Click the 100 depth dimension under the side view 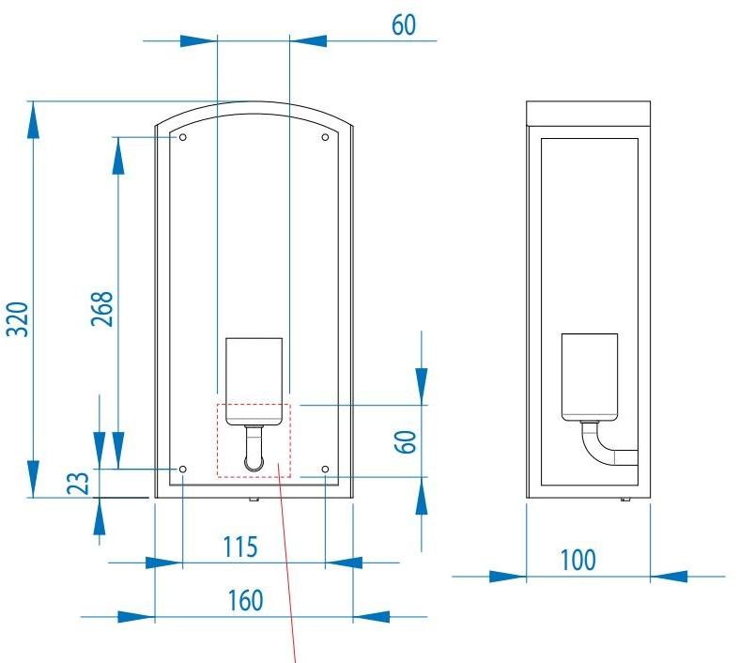(577, 560)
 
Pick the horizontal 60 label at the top (403, 25)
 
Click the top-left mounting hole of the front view (182, 137)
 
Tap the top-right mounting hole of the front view (325, 137)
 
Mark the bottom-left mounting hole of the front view (182, 469)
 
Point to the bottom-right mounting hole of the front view (325, 469)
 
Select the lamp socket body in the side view (589, 374)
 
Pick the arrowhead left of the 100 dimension (507, 575)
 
